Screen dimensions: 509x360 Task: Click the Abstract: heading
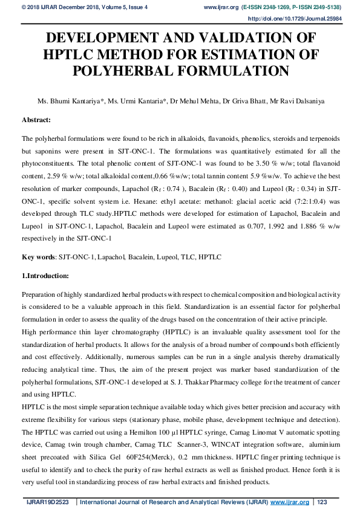pos(41,120)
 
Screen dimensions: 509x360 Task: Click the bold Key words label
pos(38,257)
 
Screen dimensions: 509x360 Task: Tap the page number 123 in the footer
pos(322,502)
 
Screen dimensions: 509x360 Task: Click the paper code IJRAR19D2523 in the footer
pos(46,502)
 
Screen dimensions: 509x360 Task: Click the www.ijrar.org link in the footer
pos(290,502)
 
